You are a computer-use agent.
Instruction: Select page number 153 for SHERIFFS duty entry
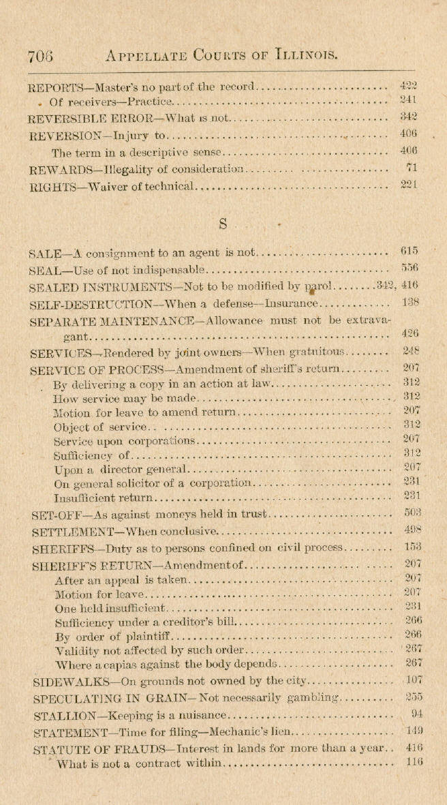(x=411, y=547)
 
